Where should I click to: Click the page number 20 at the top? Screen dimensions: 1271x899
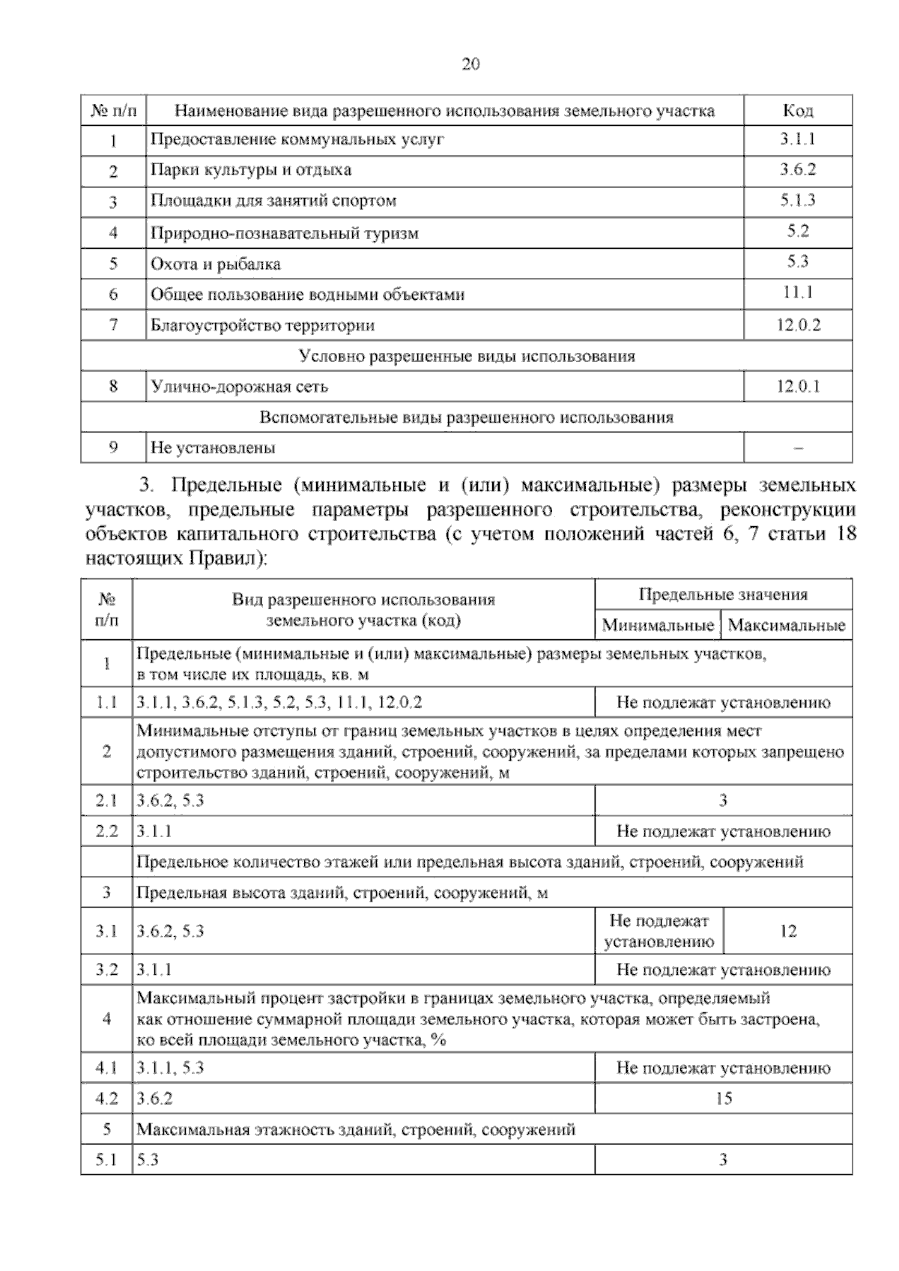(x=470, y=64)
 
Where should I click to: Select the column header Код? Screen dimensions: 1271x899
(x=798, y=111)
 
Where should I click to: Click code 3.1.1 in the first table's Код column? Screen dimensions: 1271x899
(x=797, y=139)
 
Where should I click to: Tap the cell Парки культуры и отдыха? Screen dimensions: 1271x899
(x=251, y=170)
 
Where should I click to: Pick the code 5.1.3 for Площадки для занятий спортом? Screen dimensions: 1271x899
(x=797, y=200)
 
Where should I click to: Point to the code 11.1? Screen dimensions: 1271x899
(x=798, y=293)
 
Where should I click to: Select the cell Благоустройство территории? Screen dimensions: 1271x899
(x=262, y=325)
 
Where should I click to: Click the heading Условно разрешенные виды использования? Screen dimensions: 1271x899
(x=466, y=356)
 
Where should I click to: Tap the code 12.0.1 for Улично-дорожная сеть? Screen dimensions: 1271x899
(x=798, y=387)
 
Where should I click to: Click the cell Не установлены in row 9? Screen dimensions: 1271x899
(x=213, y=448)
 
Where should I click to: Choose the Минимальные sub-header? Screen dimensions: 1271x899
(x=658, y=624)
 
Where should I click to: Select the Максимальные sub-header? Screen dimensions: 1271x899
(x=787, y=624)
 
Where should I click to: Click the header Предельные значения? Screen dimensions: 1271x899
(x=723, y=594)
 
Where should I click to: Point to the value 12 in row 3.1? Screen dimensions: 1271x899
(x=788, y=932)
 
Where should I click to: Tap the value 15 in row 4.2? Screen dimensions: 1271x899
(x=723, y=1099)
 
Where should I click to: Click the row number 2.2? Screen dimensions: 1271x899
(x=106, y=831)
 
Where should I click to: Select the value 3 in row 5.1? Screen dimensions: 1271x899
(x=723, y=1160)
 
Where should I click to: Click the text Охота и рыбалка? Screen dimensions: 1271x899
(x=216, y=264)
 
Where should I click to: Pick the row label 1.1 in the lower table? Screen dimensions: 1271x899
(x=106, y=703)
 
